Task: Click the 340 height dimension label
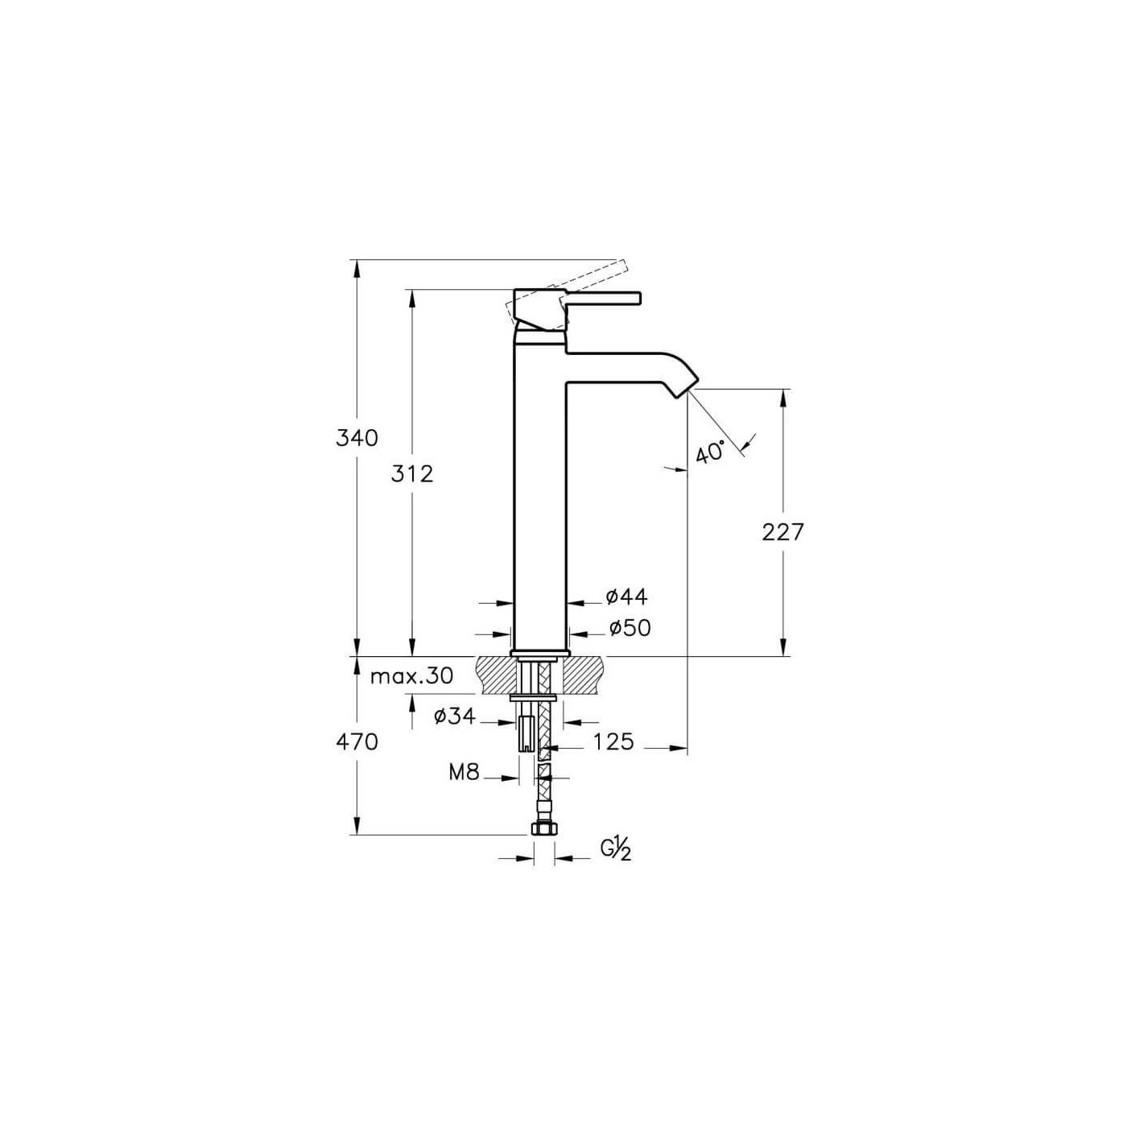point(357,437)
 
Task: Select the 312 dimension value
point(412,473)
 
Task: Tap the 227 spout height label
point(783,532)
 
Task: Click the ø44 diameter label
point(627,597)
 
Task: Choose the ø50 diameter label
point(630,628)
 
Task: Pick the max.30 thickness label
point(411,676)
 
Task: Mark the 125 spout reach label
point(613,741)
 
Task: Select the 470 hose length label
point(357,741)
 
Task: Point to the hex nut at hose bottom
point(544,829)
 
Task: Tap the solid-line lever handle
point(602,298)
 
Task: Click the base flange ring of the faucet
point(539,653)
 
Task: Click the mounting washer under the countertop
point(533,698)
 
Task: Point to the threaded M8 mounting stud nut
point(527,734)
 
